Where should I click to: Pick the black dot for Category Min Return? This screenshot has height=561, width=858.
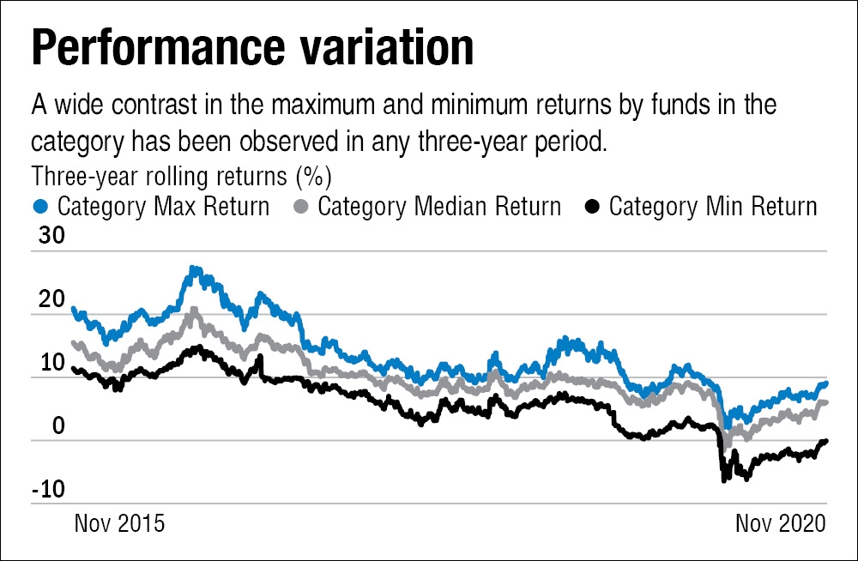[592, 207]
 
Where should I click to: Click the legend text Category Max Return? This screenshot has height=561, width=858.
[163, 207]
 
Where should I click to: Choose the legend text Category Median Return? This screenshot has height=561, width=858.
[439, 207]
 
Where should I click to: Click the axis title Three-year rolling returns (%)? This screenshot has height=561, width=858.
[181, 177]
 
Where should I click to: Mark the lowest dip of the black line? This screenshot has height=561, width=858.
[723, 480]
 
